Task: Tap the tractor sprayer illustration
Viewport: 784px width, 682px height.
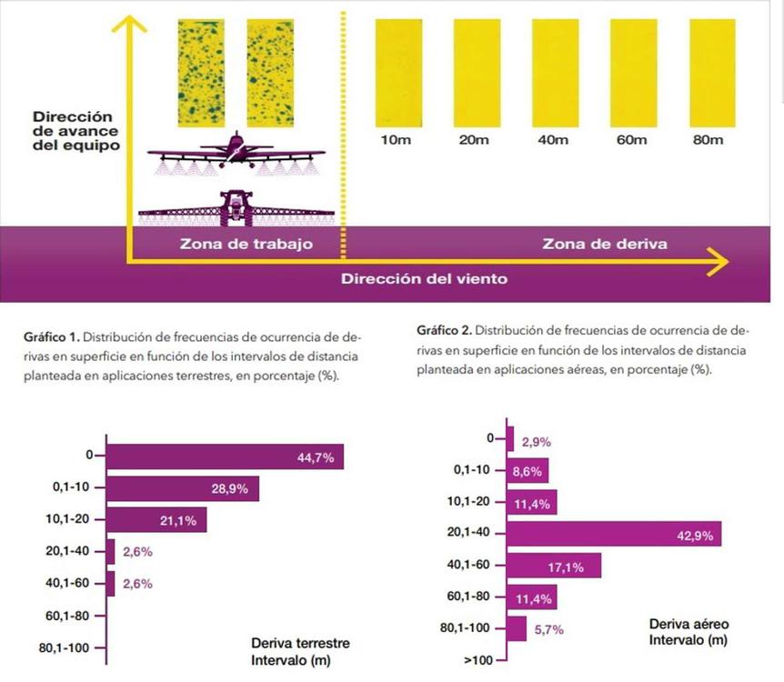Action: pos(236,208)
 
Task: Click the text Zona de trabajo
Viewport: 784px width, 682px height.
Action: pos(246,244)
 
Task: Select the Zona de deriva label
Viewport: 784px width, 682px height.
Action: pos(605,244)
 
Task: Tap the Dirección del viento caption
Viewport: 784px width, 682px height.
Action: pos(424,278)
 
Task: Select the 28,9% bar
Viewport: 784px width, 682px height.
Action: pos(183,489)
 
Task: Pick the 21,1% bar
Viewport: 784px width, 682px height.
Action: pos(156,520)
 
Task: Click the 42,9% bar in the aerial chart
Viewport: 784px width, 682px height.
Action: pos(614,535)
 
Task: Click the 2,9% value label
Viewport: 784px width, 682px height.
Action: pos(537,442)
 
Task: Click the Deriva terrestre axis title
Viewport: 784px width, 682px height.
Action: pos(300,643)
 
